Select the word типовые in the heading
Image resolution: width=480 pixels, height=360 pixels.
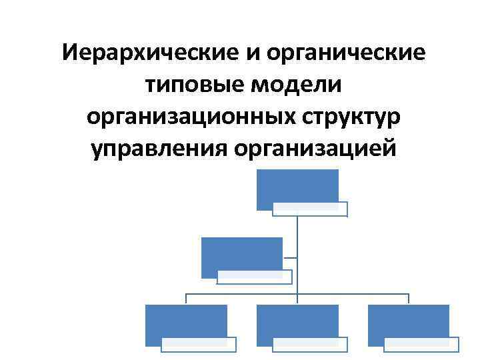click(x=193, y=85)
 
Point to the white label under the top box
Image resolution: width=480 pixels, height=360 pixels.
click(x=310, y=209)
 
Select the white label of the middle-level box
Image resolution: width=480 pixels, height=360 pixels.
click(x=254, y=277)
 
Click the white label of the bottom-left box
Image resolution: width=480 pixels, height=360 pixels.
click(x=199, y=344)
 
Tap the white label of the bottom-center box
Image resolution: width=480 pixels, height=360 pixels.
click(x=310, y=344)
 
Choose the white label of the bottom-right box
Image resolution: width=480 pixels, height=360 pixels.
click(x=421, y=344)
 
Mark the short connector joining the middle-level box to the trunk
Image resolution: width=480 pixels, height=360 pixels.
click(x=290, y=257)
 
